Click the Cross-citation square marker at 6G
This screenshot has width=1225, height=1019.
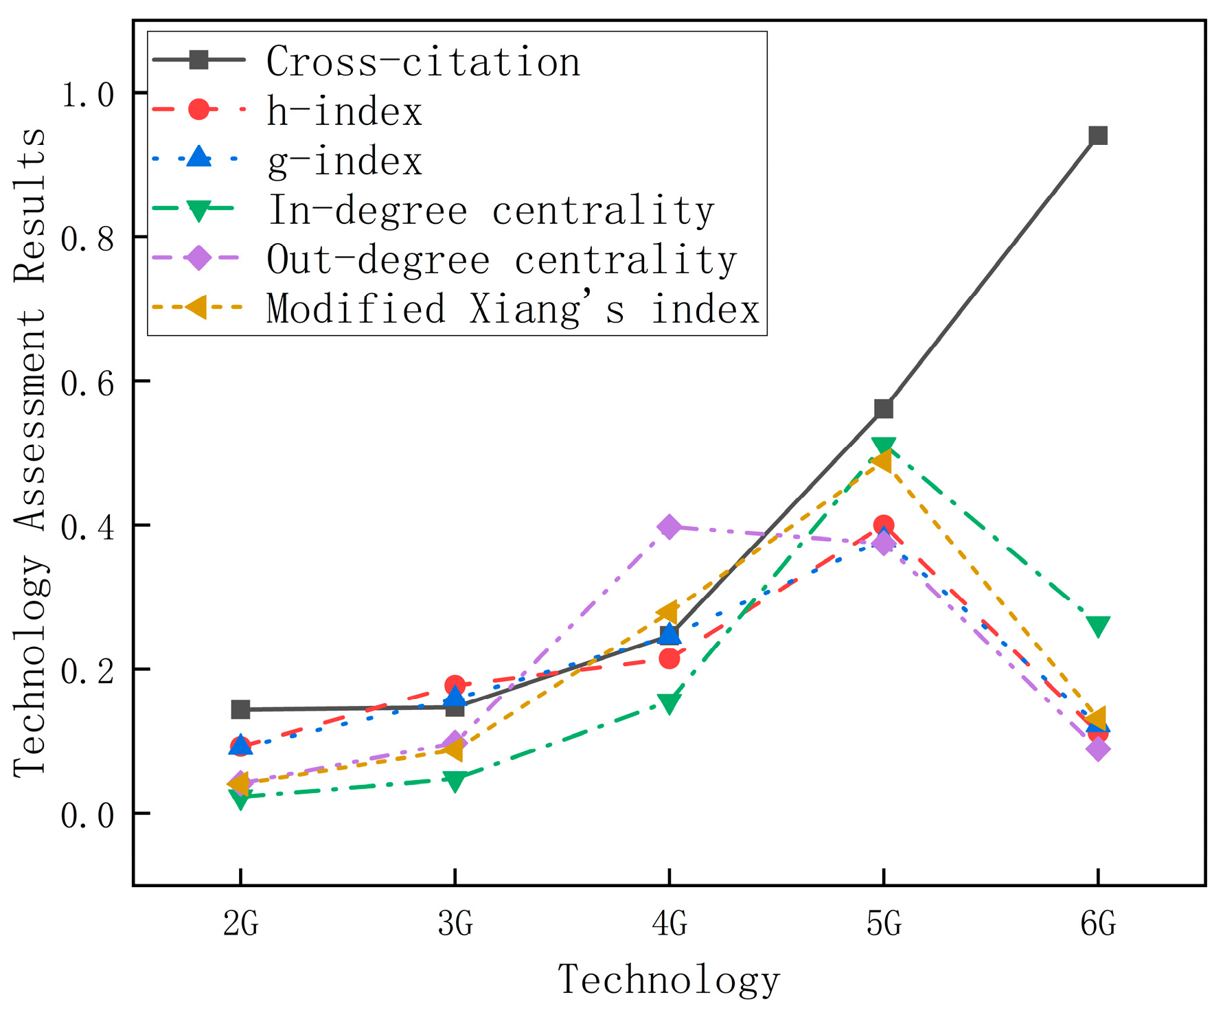[1097, 135]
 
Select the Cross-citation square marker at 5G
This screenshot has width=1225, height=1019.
[883, 409]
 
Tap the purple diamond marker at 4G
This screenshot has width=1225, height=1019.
[669, 527]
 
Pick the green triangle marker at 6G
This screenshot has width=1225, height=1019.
[1097, 626]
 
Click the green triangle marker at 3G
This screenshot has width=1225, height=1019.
[455, 780]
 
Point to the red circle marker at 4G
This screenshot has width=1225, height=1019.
[669, 659]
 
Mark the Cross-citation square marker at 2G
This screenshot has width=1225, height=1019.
[240, 709]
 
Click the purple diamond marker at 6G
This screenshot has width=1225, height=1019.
[1097, 749]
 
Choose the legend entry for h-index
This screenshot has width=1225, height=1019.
[344, 111]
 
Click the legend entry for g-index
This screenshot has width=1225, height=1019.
[344, 162]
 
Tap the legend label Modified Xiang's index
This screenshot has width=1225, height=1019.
[512, 309]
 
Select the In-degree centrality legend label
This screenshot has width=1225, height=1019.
[490, 210]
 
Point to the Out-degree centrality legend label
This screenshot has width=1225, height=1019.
[501, 260]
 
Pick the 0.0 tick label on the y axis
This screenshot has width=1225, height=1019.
[87, 815]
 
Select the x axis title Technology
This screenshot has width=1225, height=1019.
[669, 980]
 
